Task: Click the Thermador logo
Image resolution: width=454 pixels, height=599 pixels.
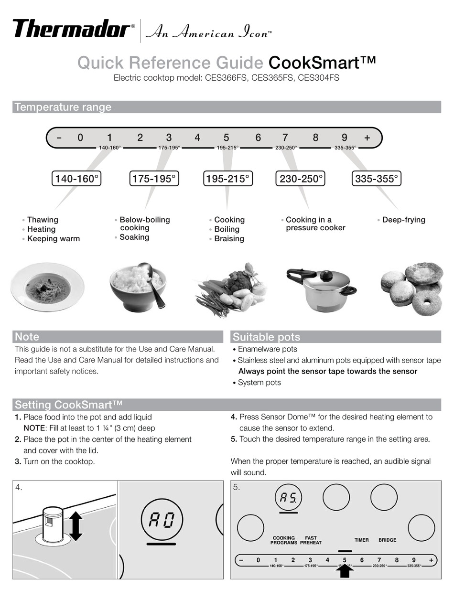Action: (x=71, y=29)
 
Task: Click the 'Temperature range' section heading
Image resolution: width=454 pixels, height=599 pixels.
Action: (x=63, y=107)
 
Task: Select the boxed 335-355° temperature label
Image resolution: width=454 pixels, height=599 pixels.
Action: (x=376, y=179)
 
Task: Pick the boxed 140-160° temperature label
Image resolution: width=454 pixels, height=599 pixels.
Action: (x=76, y=179)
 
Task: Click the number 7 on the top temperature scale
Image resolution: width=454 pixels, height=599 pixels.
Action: (x=285, y=138)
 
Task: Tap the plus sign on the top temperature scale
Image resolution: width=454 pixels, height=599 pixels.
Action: (x=367, y=138)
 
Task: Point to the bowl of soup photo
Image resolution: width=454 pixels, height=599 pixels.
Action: (x=47, y=288)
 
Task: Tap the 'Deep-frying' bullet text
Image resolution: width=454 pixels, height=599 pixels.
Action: (x=403, y=220)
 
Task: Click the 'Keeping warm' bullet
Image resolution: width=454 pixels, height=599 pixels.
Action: (x=53, y=238)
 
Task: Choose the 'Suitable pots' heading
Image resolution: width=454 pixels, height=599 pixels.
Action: (x=266, y=337)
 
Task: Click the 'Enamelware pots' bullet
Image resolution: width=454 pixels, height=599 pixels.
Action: (x=267, y=349)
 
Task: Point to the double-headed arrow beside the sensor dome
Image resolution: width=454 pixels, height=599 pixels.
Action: (x=76, y=526)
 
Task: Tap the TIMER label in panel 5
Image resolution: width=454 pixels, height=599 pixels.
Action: (x=361, y=540)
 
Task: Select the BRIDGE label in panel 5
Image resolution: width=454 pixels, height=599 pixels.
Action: (x=387, y=540)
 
